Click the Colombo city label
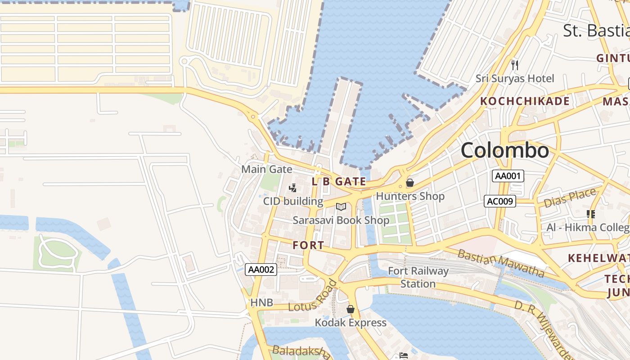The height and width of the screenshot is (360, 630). (504, 150)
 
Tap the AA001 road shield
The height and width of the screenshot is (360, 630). (508, 176)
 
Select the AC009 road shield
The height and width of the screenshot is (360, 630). (500, 201)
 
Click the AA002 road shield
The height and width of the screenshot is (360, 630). (261, 270)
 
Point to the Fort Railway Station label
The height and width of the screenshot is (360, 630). (418, 277)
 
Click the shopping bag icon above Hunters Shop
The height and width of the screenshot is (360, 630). (410, 183)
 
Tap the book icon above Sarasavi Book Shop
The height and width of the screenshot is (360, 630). (341, 207)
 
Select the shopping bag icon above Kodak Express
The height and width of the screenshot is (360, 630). (351, 310)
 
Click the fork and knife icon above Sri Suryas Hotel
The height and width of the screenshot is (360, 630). (515, 65)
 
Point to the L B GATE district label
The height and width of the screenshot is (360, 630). (339, 182)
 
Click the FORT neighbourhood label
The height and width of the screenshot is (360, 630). (308, 245)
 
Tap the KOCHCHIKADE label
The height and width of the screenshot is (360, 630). (525, 101)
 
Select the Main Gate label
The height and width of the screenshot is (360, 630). (267, 169)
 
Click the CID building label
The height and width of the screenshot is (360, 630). (293, 201)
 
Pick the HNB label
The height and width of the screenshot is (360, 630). (261, 302)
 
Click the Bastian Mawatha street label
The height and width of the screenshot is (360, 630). (500, 262)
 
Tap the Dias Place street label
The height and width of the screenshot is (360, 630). (570, 198)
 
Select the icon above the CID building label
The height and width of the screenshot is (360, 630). (293, 188)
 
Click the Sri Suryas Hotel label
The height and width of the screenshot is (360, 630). (515, 79)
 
